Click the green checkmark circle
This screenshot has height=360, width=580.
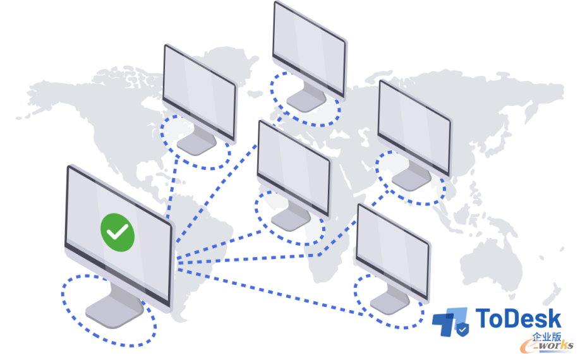(x=118, y=232)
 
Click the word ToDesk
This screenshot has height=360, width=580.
(x=519, y=318)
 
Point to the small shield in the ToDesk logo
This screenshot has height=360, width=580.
(x=462, y=329)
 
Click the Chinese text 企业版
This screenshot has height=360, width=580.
(x=547, y=337)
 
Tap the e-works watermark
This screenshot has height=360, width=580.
(x=547, y=346)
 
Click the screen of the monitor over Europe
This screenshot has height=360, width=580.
(x=308, y=48)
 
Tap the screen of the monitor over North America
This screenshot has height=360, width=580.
(x=198, y=92)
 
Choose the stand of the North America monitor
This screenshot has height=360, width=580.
(x=196, y=142)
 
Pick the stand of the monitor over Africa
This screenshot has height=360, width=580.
(x=291, y=218)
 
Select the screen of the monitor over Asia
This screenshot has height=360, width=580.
(x=414, y=127)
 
